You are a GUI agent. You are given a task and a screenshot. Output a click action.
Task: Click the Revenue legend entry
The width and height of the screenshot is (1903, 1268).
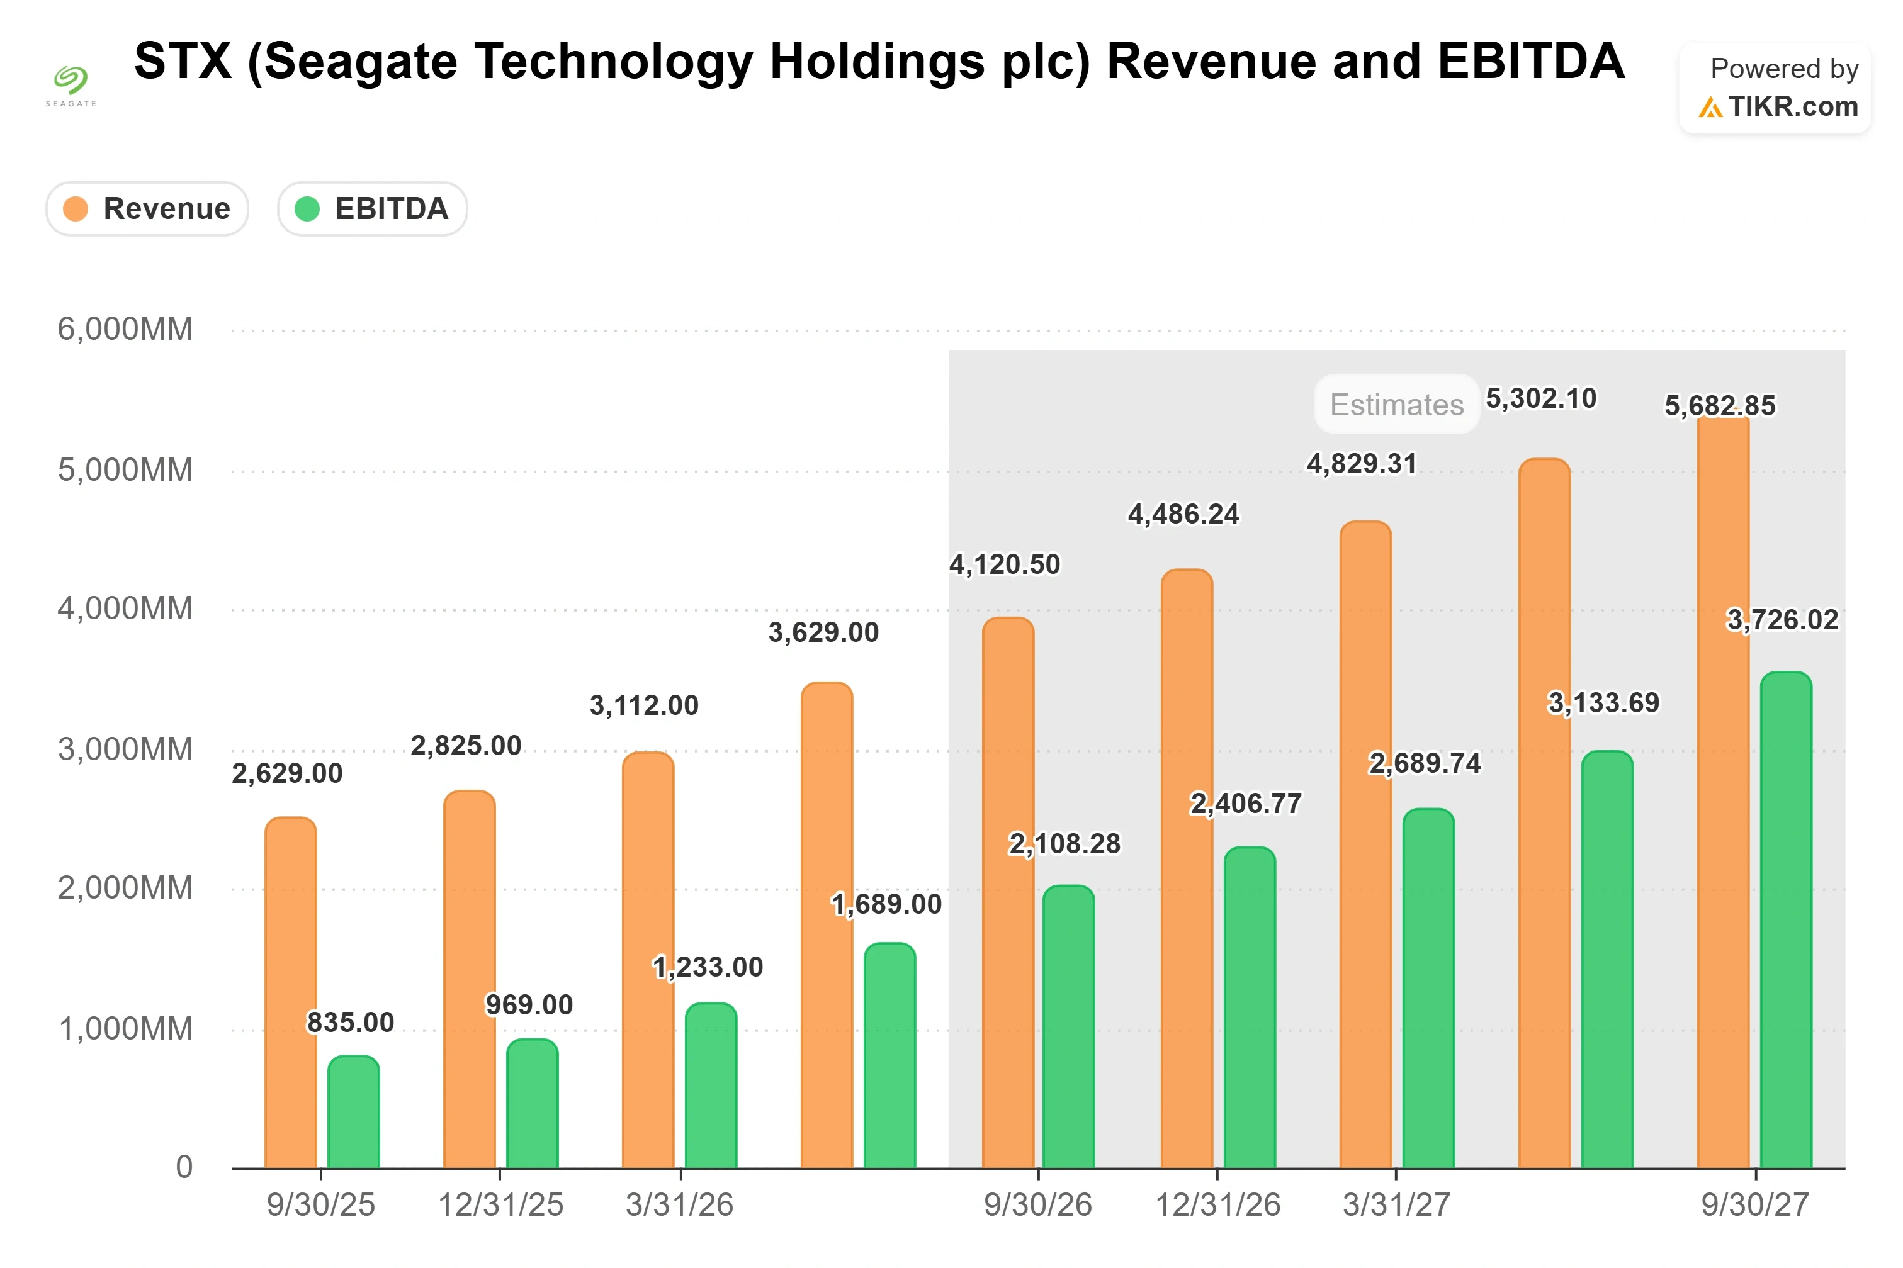(147, 209)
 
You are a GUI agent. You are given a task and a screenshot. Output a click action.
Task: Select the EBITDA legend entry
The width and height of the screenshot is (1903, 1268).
(372, 209)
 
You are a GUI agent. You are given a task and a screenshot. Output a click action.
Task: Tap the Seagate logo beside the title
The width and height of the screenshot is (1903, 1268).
(71, 85)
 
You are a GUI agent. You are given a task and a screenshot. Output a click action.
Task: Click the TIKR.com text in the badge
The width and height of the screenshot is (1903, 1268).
(1793, 106)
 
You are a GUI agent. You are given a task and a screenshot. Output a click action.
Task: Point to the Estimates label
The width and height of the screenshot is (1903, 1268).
(1397, 405)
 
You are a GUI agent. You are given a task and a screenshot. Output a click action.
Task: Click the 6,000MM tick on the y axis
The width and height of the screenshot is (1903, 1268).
(125, 329)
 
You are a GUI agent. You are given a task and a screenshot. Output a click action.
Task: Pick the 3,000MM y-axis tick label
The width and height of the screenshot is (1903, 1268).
(125, 749)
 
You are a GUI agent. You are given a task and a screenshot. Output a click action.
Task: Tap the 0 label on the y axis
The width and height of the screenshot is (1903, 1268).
(184, 1167)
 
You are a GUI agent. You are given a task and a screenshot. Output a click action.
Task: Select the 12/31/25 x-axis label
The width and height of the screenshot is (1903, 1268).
(500, 1205)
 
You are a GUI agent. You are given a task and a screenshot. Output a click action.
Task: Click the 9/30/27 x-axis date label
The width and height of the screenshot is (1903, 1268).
(1755, 1205)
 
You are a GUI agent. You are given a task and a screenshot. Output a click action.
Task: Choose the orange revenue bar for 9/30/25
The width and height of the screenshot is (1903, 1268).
(291, 992)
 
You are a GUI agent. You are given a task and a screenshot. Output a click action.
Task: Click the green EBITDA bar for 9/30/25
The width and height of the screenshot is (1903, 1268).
(353, 1112)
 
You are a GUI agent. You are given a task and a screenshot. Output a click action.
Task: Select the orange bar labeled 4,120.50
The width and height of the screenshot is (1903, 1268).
(1008, 893)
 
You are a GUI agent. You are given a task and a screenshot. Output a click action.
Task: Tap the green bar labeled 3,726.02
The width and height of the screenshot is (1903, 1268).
(1786, 919)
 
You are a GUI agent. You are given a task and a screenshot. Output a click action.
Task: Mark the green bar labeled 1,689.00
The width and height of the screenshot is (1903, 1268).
(889, 1055)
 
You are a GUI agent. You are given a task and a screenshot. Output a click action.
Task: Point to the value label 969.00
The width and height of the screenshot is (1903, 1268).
(529, 1004)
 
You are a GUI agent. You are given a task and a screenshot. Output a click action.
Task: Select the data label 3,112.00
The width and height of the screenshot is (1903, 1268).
(644, 705)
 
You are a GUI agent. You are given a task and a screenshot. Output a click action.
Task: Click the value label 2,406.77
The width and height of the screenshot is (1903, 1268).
(1246, 803)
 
